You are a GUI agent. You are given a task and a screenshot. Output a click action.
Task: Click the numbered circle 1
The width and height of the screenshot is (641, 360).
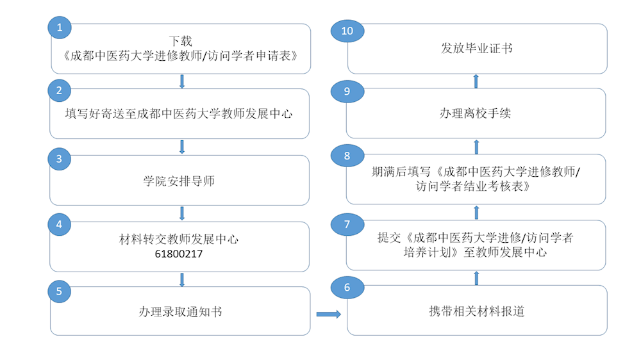[60, 28]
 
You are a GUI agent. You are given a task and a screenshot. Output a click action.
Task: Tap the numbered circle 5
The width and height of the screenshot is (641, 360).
[60, 290]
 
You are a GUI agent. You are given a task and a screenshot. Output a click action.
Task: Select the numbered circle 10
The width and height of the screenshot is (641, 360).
[347, 31]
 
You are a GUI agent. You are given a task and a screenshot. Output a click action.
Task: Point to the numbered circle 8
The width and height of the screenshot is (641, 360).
[347, 156]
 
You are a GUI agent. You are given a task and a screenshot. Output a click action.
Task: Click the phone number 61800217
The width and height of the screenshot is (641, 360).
[179, 254]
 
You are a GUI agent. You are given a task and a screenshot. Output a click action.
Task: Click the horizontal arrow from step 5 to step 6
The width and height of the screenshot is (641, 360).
[328, 314]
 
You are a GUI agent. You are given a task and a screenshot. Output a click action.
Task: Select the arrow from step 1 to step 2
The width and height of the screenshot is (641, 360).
[182, 81]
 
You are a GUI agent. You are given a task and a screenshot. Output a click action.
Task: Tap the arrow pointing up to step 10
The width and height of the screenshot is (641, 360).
[476, 81]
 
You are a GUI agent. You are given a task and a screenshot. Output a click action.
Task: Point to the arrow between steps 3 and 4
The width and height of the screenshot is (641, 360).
[182, 213]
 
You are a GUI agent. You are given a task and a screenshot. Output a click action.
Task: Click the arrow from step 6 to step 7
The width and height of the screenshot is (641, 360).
[476, 277]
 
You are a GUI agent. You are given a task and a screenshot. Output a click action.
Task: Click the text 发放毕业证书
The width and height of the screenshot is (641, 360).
[476, 49]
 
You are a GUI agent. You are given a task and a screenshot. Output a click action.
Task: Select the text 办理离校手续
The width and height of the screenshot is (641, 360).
[475, 113]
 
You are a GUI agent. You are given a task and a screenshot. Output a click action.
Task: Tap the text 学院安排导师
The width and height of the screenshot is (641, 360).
[179, 181]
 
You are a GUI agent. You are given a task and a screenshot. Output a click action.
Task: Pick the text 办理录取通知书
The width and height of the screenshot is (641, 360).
[180, 312]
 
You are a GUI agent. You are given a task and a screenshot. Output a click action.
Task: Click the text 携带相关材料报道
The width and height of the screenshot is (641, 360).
[476, 312]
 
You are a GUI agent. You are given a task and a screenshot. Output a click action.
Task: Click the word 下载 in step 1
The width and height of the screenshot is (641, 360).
[180, 41]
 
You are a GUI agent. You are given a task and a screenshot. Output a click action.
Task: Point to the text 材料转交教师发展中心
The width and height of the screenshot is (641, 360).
[179, 240]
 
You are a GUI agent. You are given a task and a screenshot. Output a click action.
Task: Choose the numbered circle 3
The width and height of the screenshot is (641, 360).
[60, 159]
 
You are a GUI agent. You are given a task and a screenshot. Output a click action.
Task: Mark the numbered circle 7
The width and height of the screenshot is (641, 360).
[347, 224]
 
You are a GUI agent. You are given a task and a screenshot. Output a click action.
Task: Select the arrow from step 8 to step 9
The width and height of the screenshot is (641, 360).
[476, 147]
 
